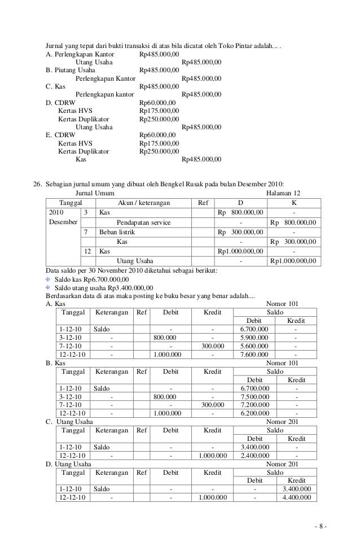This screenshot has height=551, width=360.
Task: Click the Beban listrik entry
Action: (x=117, y=232)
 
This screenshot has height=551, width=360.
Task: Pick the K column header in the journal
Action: (x=293, y=203)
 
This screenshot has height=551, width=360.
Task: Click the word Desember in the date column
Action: (x=62, y=222)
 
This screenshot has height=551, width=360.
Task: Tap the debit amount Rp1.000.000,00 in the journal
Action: (x=240, y=251)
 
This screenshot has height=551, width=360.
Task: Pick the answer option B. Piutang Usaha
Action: (x=69, y=70)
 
